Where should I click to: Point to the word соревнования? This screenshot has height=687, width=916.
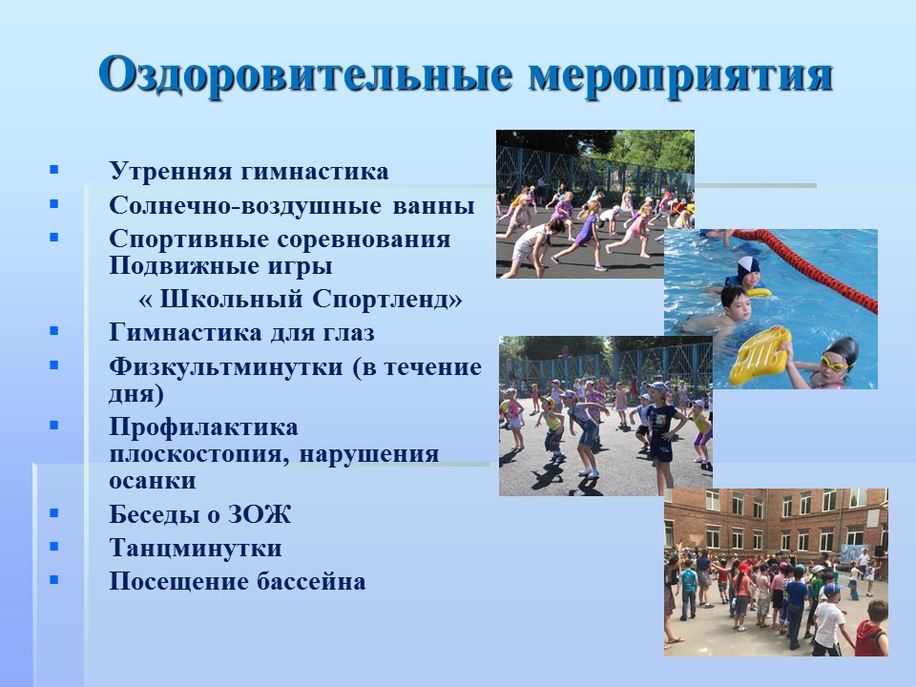tap(364, 239)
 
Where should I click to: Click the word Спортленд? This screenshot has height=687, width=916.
tap(386, 299)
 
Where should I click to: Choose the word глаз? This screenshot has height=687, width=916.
tap(347, 333)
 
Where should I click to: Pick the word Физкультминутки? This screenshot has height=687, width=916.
tap(226, 366)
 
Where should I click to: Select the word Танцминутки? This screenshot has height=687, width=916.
tap(196, 549)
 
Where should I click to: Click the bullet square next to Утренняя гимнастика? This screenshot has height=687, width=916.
tap(54, 170)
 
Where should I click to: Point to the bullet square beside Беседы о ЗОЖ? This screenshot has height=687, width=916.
tap(54, 513)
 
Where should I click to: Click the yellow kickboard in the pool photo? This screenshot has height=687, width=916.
tap(760, 356)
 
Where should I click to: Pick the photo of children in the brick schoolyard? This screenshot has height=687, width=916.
tap(776, 572)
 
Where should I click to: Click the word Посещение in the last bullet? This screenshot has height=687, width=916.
tap(178, 582)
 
